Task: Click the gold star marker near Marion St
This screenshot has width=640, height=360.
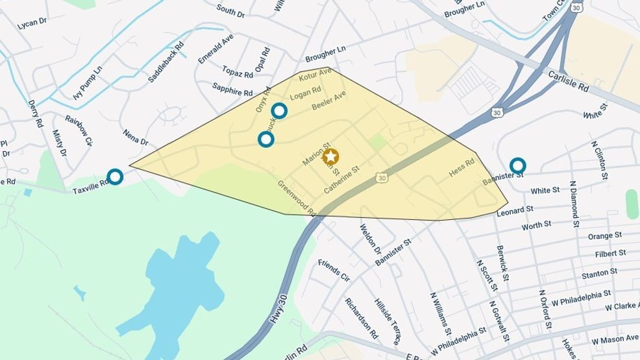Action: point(330,156)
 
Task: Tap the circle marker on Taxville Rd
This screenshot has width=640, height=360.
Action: point(115,176)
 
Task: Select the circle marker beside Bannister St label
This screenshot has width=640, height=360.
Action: point(517,165)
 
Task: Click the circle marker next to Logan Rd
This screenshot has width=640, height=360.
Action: point(279,110)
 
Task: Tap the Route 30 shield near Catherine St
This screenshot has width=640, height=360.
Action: point(382,177)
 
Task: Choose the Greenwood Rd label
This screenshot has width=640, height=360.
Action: point(296,198)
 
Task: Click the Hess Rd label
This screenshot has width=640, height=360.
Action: point(462,171)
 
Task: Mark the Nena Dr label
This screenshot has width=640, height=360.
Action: point(135,137)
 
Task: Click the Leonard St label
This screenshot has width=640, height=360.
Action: point(515,211)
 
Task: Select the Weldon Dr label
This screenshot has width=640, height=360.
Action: point(370,239)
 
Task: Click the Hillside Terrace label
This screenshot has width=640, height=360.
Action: point(387,322)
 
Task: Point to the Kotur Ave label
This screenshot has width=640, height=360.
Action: point(315,75)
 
